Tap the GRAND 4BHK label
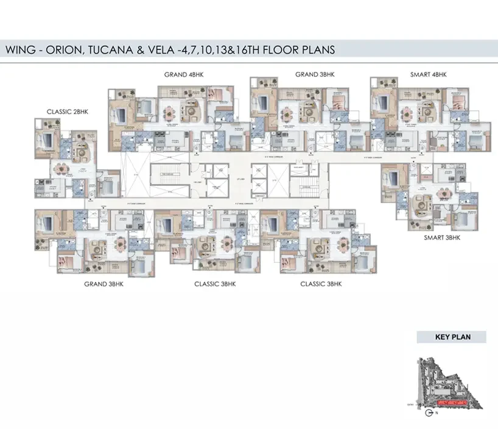[x=184, y=74]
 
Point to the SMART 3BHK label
[x=442, y=238]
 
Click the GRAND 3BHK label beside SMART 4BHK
[x=315, y=74]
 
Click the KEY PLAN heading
[x=451, y=336]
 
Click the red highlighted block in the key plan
[x=452, y=403]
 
